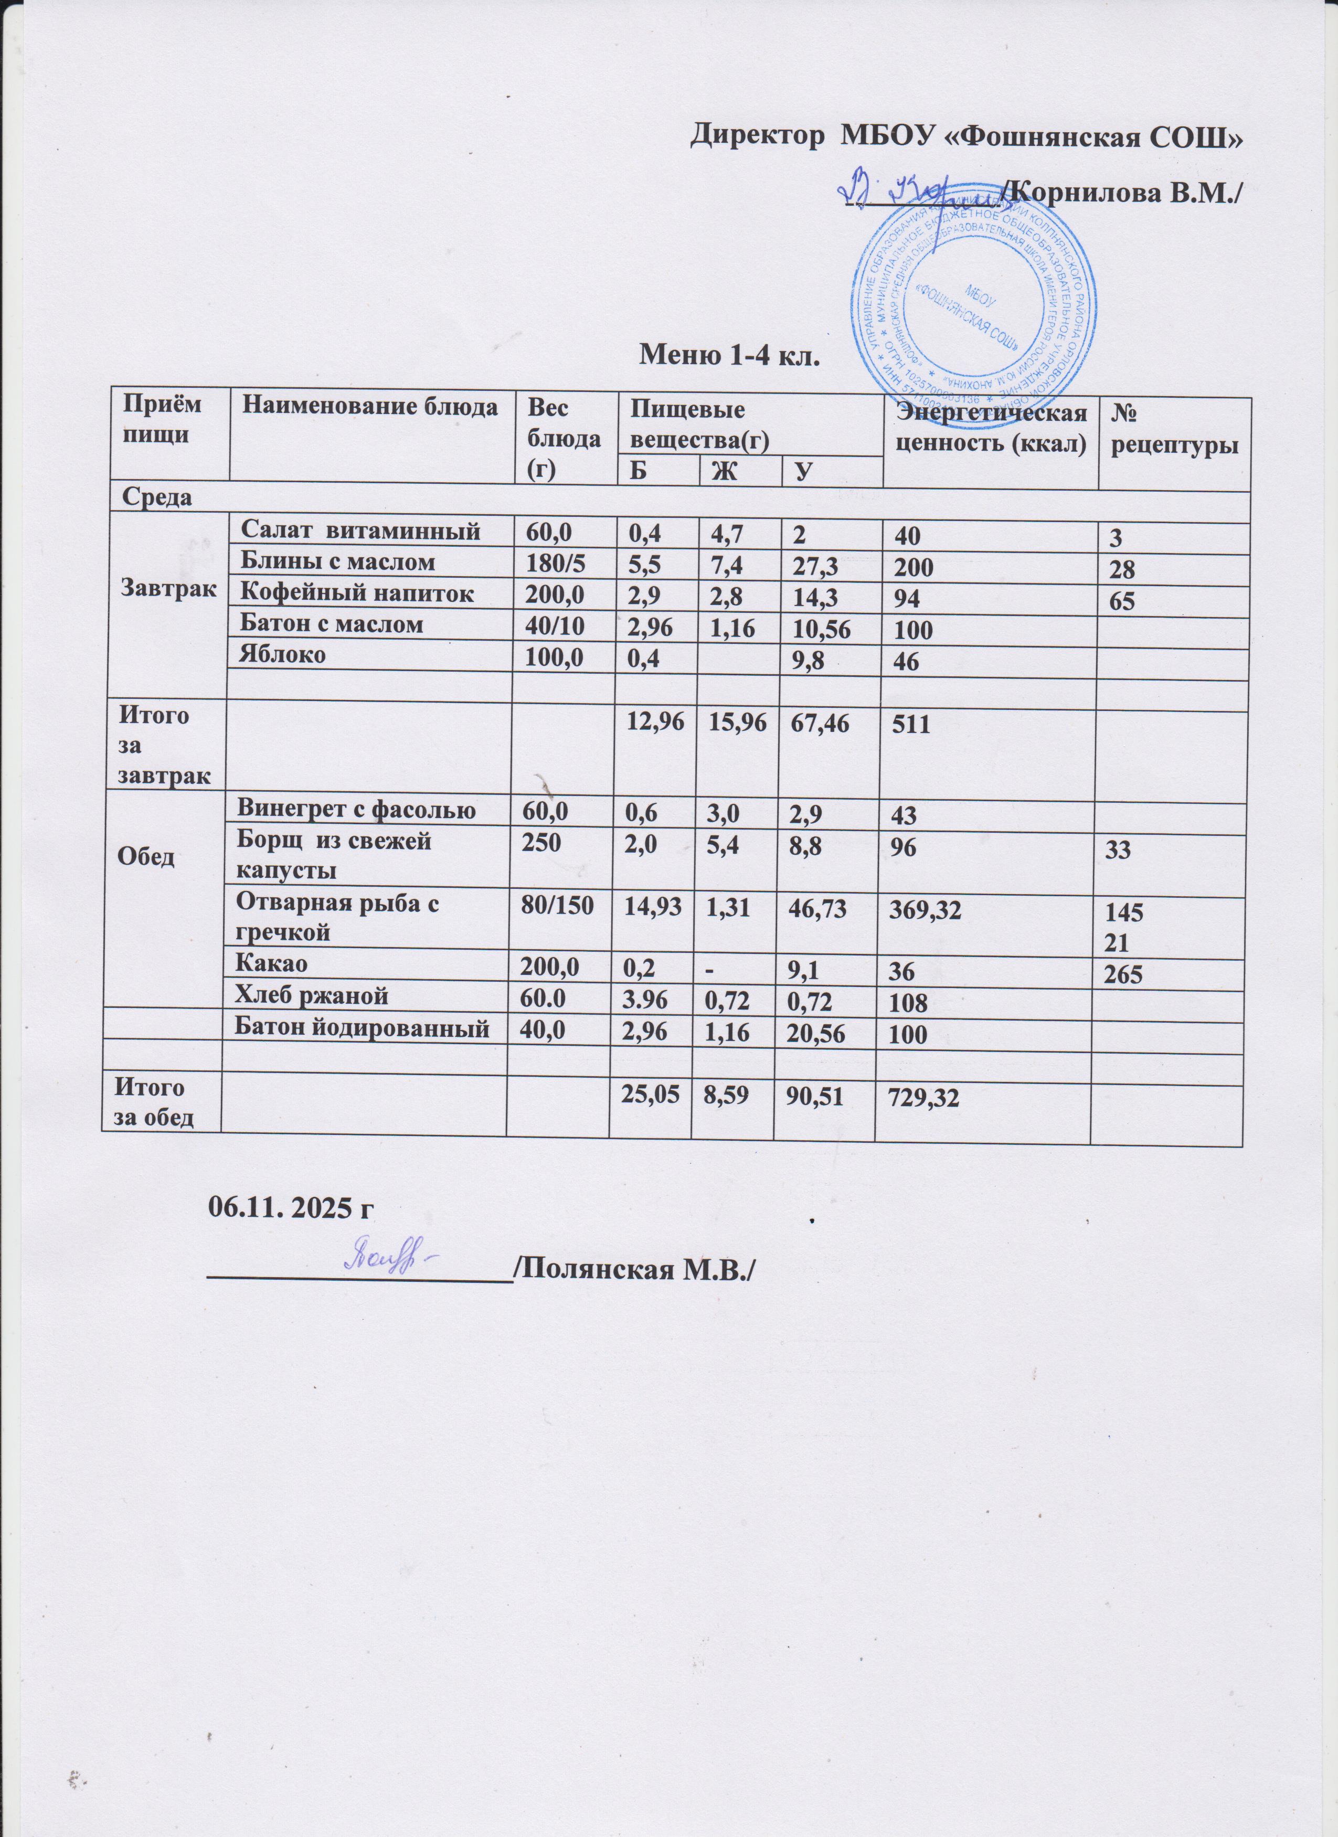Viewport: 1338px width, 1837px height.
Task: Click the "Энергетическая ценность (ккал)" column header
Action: (x=989, y=429)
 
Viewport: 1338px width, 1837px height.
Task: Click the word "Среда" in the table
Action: (x=157, y=497)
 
